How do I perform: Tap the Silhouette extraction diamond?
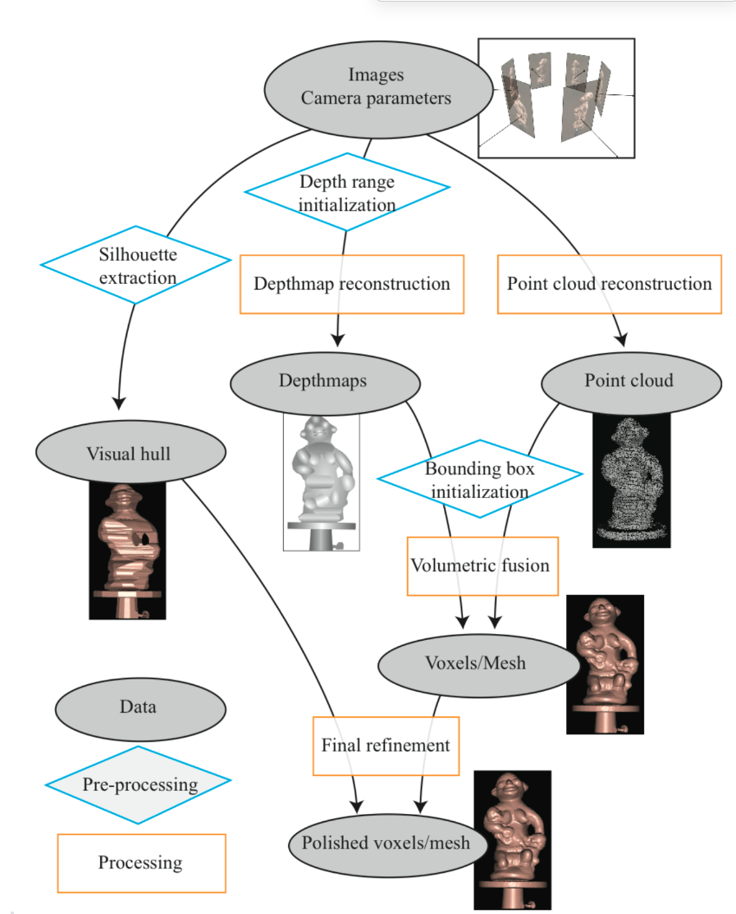pyautogui.click(x=136, y=265)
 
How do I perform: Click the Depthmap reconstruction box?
pyautogui.click(x=351, y=284)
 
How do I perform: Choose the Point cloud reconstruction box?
pyautogui.click(x=609, y=284)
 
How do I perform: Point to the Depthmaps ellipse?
pyautogui.click(x=325, y=382)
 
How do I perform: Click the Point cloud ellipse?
pyautogui.click(x=629, y=382)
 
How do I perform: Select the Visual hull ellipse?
pyautogui.click(x=130, y=453)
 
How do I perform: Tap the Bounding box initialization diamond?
pyautogui.click(x=479, y=480)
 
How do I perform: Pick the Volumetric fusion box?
pyautogui.click(x=482, y=565)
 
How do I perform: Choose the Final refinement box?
pyautogui.click(x=386, y=745)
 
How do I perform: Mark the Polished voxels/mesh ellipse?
pyautogui.click(x=386, y=843)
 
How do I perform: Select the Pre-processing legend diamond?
pyautogui.click(x=139, y=784)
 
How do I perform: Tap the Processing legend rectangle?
pyautogui.click(x=141, y=863)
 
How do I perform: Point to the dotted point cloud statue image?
pyautogui.click(x=631, y=479)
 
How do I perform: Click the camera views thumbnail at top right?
pyautogui.click(x=556, y=98)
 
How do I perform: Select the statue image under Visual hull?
pyautogui.click(x=127, y=550)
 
